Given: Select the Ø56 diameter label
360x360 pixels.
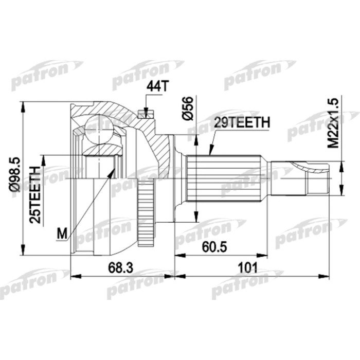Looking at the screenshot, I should [187, 109].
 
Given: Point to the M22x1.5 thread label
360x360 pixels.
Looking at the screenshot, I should [334, 123].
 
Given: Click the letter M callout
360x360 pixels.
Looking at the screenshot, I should [62, 234].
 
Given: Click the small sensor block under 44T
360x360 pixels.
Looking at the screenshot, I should [145, 114].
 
